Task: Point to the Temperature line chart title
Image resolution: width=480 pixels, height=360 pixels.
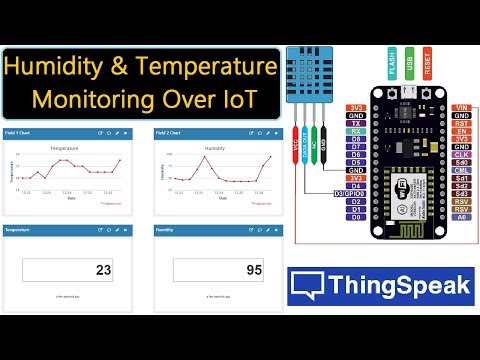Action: click(71, 149)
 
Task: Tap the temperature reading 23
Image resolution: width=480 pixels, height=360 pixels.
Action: click(102, 269)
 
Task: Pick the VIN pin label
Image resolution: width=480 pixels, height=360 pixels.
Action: click(461, 107)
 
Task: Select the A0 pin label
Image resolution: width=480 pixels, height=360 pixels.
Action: click(461, 216)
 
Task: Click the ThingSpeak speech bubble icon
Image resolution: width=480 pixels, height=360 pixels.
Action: click(305, 288)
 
